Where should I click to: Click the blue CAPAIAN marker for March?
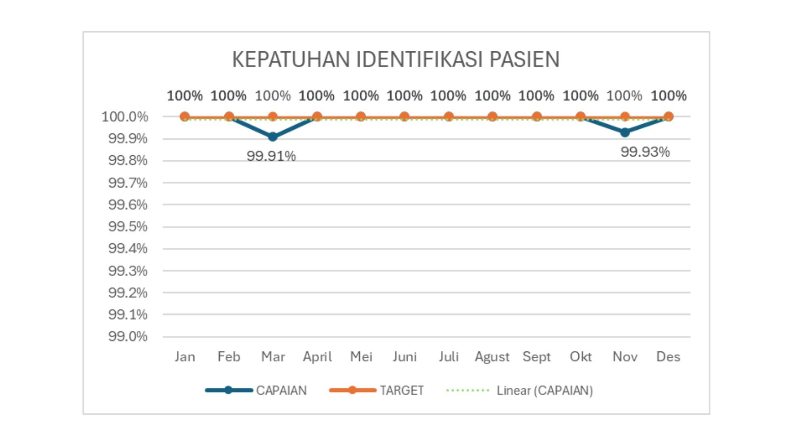coord(273,137)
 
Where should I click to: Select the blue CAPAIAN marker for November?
coord(625,133)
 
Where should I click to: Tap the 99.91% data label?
coord(271,156)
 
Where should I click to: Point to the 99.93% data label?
coord(645,152)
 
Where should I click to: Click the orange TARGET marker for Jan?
coord(185,117)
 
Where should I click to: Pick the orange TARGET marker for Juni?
coord(405,117)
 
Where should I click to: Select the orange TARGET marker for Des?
coord(669,117)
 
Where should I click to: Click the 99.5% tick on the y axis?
coord(128,226)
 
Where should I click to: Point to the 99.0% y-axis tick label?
coord(128,337)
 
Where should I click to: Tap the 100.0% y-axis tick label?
coord(125,117)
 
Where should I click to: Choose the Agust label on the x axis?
coord(492,357)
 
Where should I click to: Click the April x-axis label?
coord(317,357)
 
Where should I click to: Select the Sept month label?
coord(537,357)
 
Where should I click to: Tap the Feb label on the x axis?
coord(229,357)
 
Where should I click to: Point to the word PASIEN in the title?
coord(525,59)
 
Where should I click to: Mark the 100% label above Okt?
coord(580,96)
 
